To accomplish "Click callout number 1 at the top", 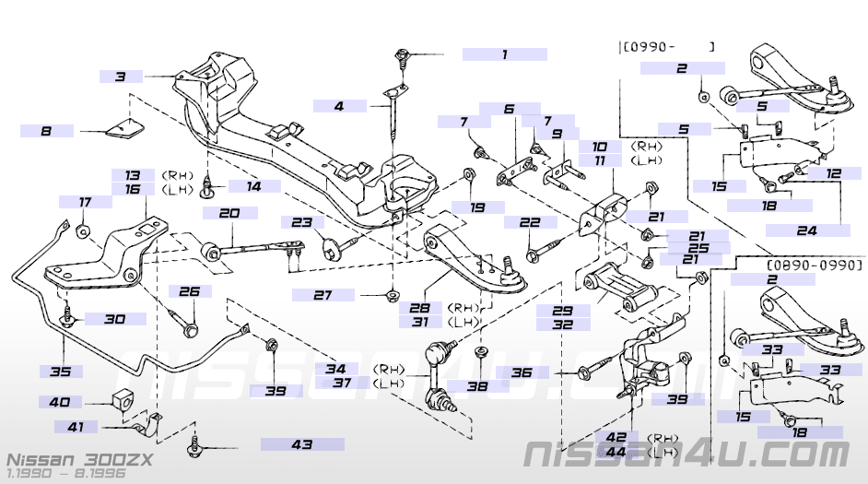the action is tap(504, 54).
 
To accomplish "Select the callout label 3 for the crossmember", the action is tap(121, 77).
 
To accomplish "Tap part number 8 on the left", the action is tap(46, 131).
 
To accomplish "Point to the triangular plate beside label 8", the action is tap(125, 128).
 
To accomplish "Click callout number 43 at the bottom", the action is tap(302, 444).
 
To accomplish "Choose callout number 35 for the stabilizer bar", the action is tap(60, 371).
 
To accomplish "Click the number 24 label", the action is tap(807, 230).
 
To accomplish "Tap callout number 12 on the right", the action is tap(834, 173).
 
